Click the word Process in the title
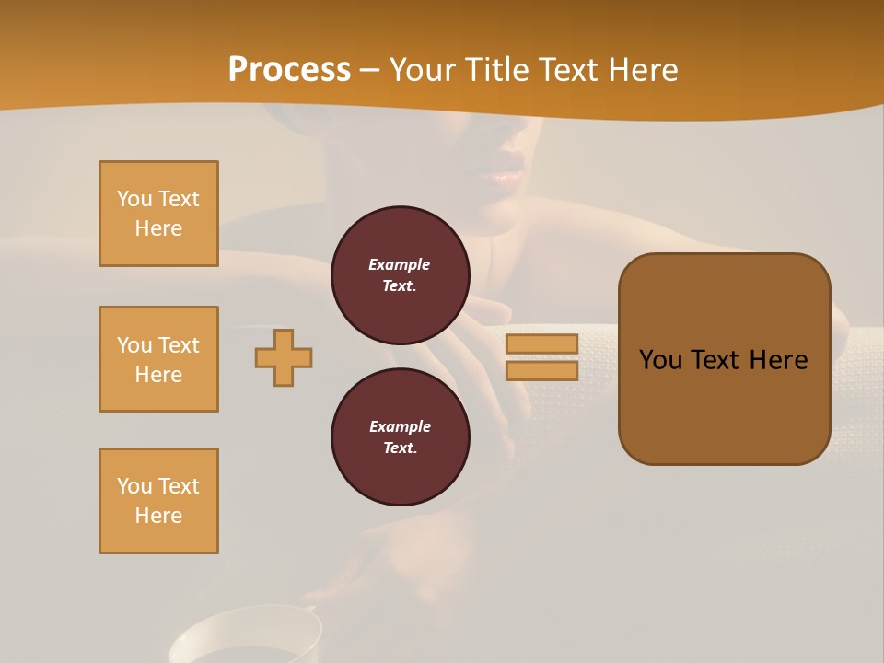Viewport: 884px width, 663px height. pos(289,70)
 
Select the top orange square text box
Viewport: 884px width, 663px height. pos(158,214)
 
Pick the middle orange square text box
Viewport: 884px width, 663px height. pos(158,359)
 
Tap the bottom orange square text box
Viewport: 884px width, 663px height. pos(158,501)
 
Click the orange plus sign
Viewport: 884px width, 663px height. pos(284,357)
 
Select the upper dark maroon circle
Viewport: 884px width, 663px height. pos(400,274)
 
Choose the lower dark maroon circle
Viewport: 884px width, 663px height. pos(400,436)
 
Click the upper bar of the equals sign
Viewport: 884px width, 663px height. pos(541,344)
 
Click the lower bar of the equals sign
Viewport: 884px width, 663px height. pos(541,370)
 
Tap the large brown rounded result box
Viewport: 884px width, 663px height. pos(724,359)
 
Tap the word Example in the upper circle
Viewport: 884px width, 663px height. pos(400,264)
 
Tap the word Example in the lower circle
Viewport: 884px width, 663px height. pos(400,426)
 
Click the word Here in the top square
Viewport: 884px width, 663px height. pos(158,228)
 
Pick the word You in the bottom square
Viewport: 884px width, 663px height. pos(134,486)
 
